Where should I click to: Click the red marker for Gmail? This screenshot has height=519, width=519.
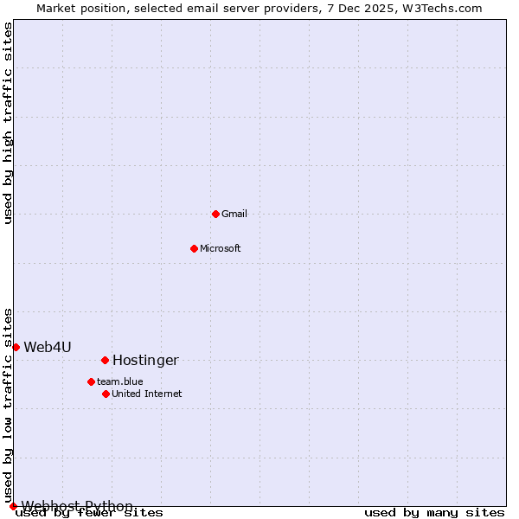pyautogui.click(x=215, y=214)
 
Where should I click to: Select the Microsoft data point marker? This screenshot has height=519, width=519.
pyautogui.click(x=194, y=248)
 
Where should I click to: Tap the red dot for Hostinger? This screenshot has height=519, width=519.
pyautogui.click(x=105, y=360)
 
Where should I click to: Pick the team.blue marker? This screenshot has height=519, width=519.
pyautogui.click(x=91, y=381)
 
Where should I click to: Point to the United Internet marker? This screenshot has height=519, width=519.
pyautogui.click(x=106, y=394)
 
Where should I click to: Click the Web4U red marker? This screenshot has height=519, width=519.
pyautogui.click(x=16, y=347)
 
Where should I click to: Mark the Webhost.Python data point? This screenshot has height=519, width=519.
pyautogui.click(x=13, y=506)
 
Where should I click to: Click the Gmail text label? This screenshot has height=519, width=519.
pyautogui.click(x=234, y=214)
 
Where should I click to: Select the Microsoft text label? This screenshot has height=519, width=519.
pyautogui.click(x=221, y=248)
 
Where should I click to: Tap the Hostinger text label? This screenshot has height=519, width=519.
pyautogui.click(x=145, y=360)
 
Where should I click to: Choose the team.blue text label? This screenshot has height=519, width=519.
pyautogui.click(x=120, y=381)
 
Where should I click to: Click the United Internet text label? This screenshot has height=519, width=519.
pyautogui.click(x=147, y=394)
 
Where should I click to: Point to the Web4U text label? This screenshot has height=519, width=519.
pyautogui.click(x=48, y=347)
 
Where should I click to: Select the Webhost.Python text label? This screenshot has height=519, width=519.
pyautogui.click(x=77, y=506)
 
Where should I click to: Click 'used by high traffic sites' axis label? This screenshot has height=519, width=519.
pyautogui.click(x=8, y=123)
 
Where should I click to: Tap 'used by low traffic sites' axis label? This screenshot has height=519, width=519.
pyautogui.click(x=8, y=405)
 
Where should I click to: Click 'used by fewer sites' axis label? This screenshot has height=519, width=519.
pyautogui.click(x=89, y=512)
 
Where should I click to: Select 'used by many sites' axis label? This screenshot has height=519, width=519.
pyautogui.click(x=434, y=512)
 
